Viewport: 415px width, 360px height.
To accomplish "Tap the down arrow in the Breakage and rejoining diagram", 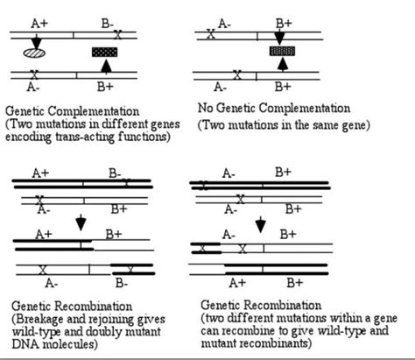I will pyautogui.click(x=81, y=223).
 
